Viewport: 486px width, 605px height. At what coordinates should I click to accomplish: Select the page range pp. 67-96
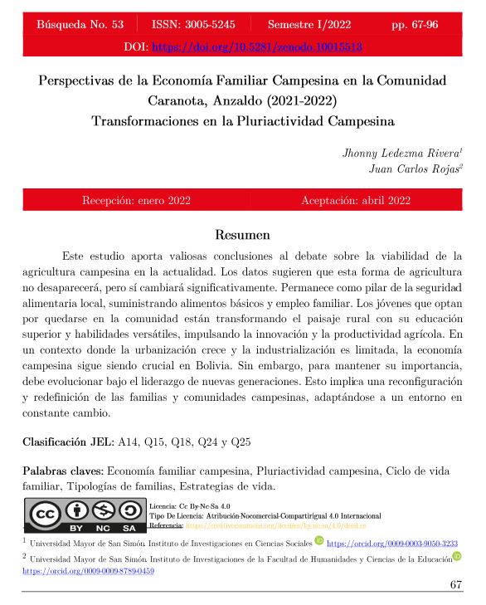click(414, 25)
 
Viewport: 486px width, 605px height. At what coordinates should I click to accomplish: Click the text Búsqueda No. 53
click(80, 25)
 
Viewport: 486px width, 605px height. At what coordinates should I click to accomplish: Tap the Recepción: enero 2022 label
click(137, 202)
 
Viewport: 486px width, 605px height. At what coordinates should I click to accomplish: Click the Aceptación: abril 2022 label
click(356, 202)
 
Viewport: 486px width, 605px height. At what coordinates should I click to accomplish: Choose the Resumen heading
click(243, 235)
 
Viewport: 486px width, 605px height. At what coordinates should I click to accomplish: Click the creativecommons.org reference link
click(273, 527)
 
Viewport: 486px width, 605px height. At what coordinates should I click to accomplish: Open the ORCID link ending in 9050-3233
click(394, 544)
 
